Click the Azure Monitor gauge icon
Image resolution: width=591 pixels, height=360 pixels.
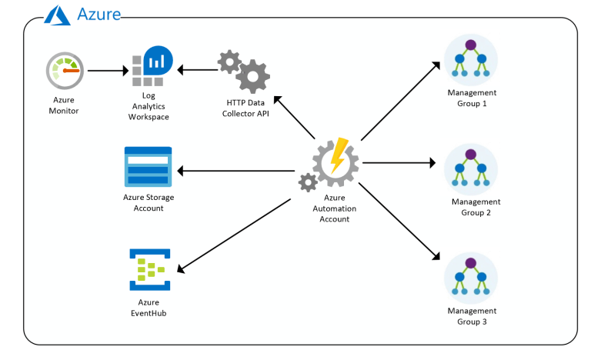tap(64, 72)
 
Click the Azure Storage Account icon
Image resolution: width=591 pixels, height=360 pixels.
tap(149, 166)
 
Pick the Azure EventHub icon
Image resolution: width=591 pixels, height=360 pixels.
tap(149, 269)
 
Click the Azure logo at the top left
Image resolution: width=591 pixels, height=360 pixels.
tap(58, 14)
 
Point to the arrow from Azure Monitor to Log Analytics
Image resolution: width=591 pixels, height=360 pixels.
tap(107, 71)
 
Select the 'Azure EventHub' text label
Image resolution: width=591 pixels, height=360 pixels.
tap(148, 308)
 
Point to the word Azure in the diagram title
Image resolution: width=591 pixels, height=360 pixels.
tap(98, 14)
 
